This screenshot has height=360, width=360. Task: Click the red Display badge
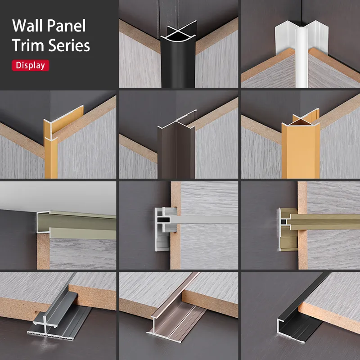point(30,65)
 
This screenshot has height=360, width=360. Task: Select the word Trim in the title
point(28,45)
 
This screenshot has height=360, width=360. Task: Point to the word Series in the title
point(69,45)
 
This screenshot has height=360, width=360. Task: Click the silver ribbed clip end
point(165,229)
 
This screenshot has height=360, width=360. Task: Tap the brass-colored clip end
point(288,229)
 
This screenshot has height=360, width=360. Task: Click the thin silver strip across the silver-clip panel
point(204,220)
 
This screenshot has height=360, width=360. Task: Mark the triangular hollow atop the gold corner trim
point(301,122)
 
